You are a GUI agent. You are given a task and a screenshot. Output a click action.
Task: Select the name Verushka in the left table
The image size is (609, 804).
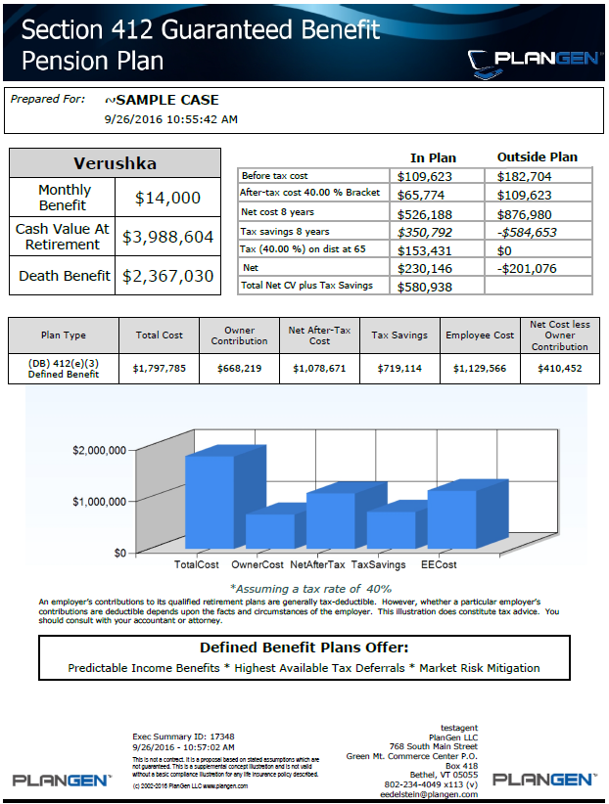[115, 163]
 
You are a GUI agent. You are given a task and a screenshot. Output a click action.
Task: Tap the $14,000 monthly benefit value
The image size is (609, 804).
[167, 198]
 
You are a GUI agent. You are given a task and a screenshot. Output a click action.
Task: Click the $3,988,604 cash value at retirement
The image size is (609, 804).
[167, 237]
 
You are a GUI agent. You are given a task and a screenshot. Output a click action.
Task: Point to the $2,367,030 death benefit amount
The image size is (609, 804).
[167, 276]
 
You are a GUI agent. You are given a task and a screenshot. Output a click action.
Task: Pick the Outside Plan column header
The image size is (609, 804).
[538, 156]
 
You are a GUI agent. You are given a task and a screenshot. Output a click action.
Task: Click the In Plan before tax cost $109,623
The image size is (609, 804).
[424, 176]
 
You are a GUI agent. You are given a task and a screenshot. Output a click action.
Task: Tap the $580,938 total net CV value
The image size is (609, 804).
[424, 287]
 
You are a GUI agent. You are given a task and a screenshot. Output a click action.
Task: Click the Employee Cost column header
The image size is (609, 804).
[480, 335]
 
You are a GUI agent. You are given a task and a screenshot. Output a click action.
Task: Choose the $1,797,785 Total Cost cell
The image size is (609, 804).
[159, 369]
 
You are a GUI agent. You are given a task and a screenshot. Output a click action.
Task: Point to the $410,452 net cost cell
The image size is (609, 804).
[560, 369]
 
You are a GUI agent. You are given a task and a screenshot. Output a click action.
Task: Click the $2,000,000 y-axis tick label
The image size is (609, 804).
[99, 451]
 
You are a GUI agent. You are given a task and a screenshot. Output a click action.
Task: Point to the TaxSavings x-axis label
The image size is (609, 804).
[378, 565]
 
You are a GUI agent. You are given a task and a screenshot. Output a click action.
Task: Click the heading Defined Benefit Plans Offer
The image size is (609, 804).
[304, 648]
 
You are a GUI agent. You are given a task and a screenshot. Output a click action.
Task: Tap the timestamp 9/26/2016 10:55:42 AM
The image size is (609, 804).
[170, 119]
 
